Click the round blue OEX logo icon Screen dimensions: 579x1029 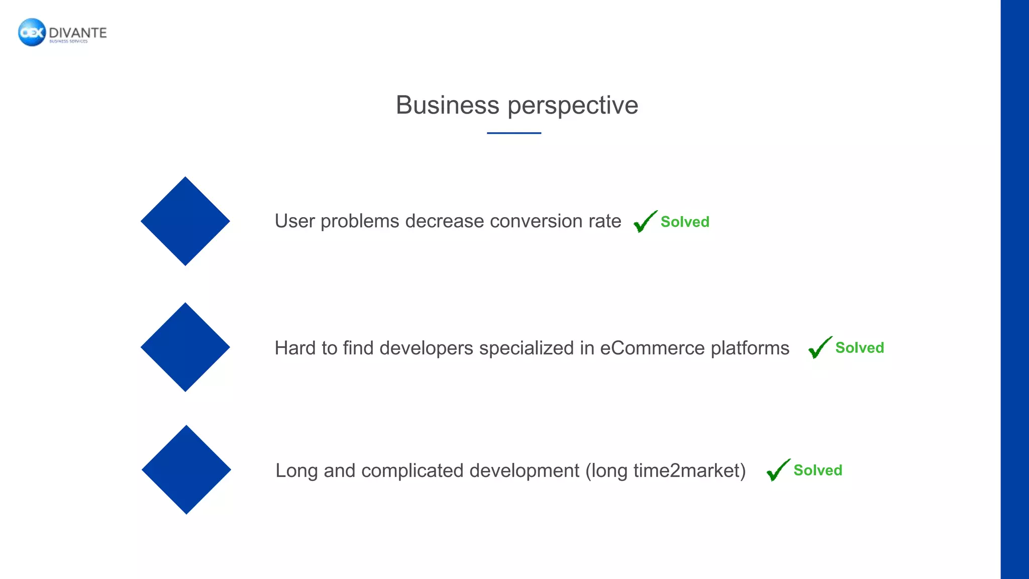pos(32,33)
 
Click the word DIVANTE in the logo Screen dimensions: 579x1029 pos(78,33)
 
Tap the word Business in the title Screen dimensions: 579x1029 pos(447,106)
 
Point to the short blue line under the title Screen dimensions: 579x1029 pos(513,133)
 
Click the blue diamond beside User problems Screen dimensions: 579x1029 pos(185,221)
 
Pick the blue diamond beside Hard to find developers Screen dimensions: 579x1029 pos(185,347)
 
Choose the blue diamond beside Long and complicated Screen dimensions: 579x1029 pos(186,470)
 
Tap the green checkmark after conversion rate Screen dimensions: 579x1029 pos(645,222)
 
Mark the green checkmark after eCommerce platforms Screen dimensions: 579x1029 pos(819,347)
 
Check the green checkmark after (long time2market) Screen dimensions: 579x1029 pos(778,470)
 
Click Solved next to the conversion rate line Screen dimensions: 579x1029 pos(685,222)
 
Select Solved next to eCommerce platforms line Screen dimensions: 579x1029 pos(860,348)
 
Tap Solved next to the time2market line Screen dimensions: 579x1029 pos(818,470)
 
